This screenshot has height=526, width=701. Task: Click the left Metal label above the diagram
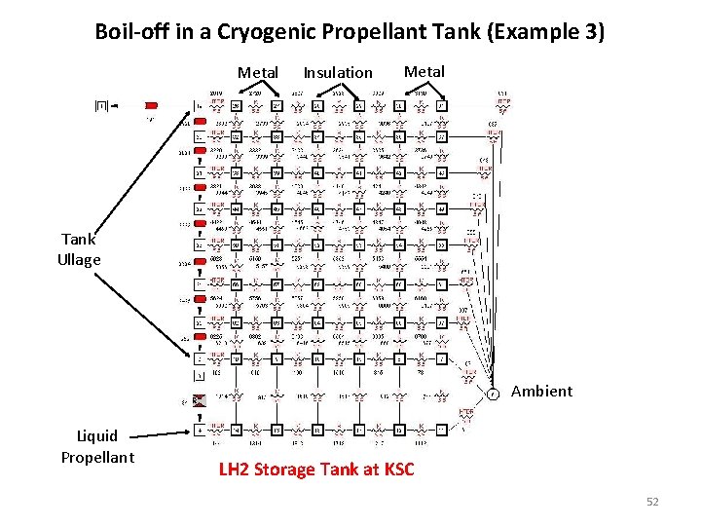pos(258,72)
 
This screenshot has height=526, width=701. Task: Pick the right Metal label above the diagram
pos(424,71)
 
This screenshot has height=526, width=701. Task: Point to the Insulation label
pos(338,72)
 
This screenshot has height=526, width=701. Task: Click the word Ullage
pos(79,260)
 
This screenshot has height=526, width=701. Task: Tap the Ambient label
pos(541,391)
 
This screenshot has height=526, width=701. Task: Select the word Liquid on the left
pos(97,435)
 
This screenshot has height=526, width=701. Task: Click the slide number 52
pos(652,502)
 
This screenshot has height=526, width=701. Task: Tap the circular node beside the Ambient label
pos(494,394)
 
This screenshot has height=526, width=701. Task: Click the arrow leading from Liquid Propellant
pos(161,432)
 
